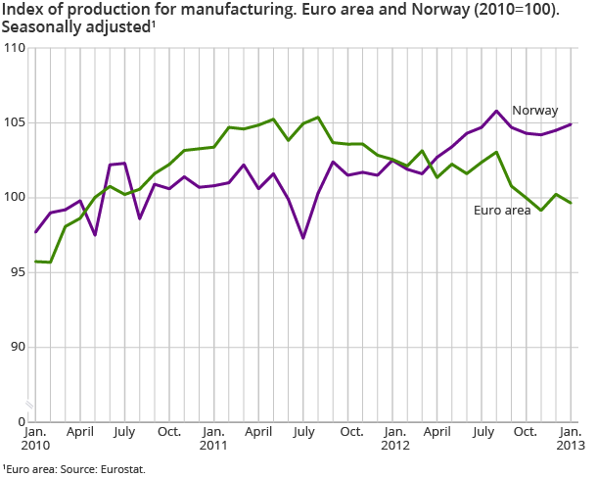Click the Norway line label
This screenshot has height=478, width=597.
pos(535,110)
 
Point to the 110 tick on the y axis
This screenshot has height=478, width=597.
pos(15,48)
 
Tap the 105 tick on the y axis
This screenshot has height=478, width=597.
pos(15,122)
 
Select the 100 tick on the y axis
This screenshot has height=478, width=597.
pos(15,198)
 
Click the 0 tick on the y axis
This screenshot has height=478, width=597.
pos(21,421)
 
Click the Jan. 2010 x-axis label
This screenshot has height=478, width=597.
pos(35,438)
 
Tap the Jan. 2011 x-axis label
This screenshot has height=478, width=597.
pos(214,438)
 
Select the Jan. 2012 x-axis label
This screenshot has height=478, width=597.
pos(393,438)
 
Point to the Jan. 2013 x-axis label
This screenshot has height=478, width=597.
pos(572,438)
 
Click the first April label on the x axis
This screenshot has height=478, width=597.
pos(80,431)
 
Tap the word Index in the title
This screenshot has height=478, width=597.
pos(23,10)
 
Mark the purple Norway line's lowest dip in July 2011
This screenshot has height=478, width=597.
pos(303,238)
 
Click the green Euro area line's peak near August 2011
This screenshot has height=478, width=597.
pos(318,118)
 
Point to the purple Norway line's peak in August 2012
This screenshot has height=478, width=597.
pos(497,111)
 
